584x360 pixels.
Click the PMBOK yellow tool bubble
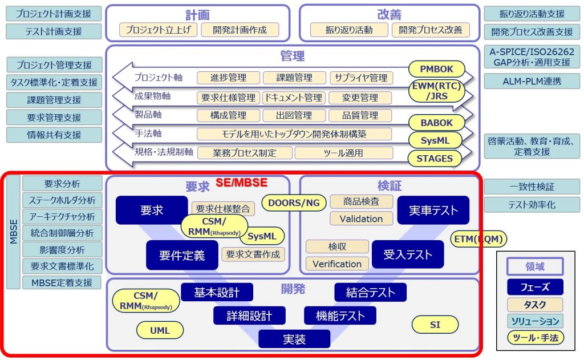(x=436, y=69)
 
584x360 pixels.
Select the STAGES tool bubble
(x=435, y=159)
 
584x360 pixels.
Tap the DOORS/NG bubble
(x=294, y=203)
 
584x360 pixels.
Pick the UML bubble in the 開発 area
(x=160, y=330)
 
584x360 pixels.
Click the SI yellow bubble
(x=435, y=325)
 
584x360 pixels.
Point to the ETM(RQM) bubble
(x=478, y=239)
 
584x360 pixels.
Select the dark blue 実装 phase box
(x=294, y=339)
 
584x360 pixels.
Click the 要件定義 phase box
(x=182, y=255)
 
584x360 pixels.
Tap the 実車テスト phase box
(x=433, y=211)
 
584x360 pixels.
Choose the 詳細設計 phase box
(x=249, y=315)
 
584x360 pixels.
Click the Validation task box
(x=361, y=219)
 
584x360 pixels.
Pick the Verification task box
(x=337, y=264)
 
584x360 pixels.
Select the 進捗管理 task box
(x=228, y=78)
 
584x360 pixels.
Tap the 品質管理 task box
(x=360, y=115)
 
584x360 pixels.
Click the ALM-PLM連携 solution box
(x=532, y=81)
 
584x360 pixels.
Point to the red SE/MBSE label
(x=241, y=183)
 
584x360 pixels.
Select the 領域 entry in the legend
(x=535, y=266)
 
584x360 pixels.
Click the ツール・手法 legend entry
(x=535, y=338)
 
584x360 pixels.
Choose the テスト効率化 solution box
(x=532, y=205)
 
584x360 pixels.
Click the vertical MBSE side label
(x=14, y=232)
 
